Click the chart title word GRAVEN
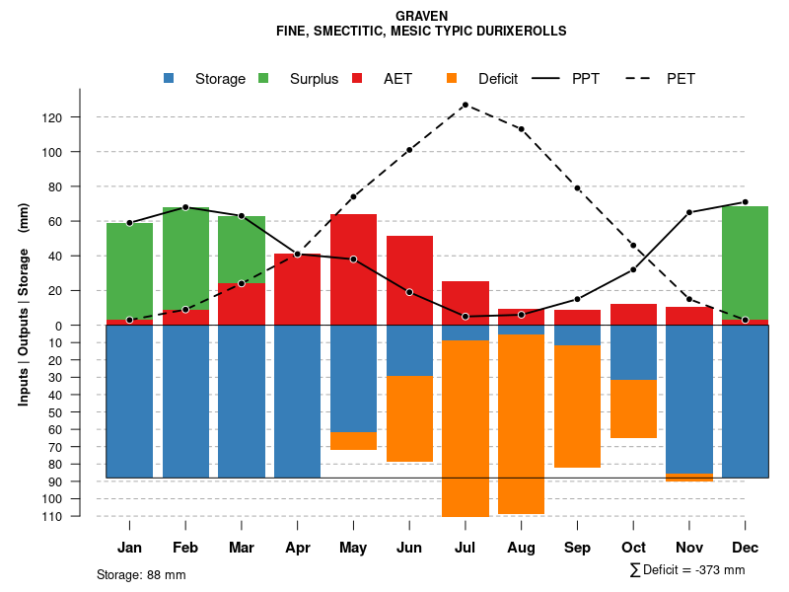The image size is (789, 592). click(x=421, y=16)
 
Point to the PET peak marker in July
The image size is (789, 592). click(x=465, y=105)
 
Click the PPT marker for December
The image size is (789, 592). click(x=745, y=202)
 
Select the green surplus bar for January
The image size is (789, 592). click(x=129, y=271)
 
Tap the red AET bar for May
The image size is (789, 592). click(x=353, y=269)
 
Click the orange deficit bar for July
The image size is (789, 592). click(x=465, y=428)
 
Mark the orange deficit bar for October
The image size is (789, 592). click(x=633, y=408)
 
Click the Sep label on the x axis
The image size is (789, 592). click(x=577, y=548)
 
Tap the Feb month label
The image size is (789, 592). click(x=185, y=548)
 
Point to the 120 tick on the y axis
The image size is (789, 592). click(x=80, y=117)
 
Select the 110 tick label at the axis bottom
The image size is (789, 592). click(x=80, y=516)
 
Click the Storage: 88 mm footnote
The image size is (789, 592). click(x=141, y=574)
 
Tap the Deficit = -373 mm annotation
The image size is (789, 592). click(x=687, y=569)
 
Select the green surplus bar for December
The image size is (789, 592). click(x=745, y=262)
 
